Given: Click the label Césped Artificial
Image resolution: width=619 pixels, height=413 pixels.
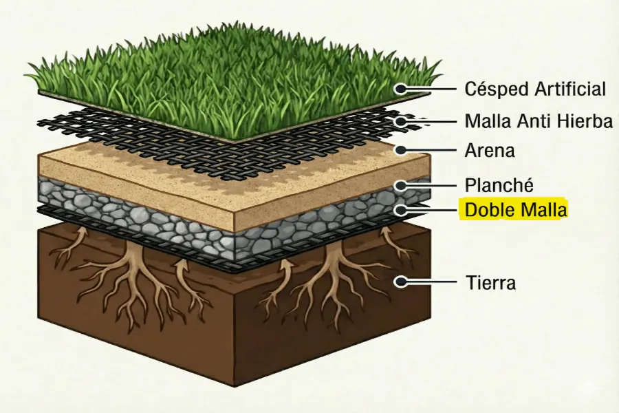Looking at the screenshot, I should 536,89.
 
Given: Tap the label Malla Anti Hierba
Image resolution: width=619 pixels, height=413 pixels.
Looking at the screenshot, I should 539,122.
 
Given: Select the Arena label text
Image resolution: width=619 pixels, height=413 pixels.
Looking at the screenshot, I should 490,150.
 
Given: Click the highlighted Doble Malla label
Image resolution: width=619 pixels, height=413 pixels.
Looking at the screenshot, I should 516,210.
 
